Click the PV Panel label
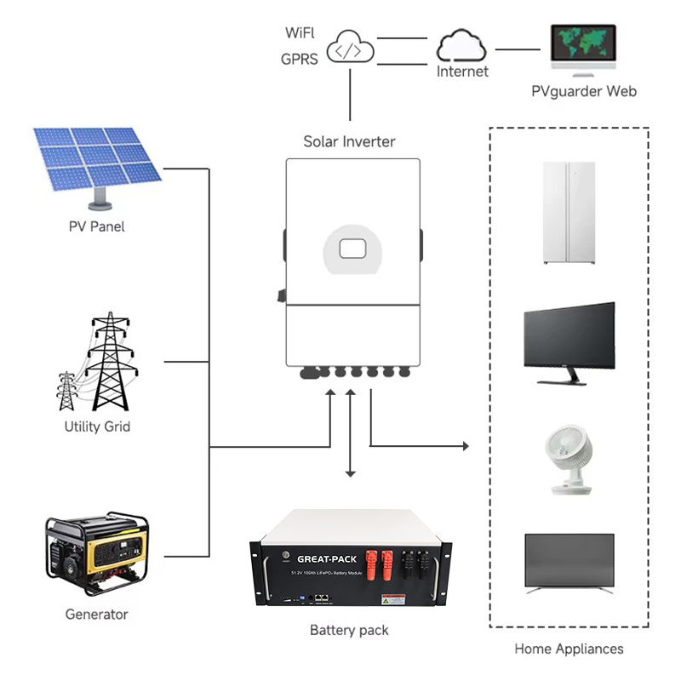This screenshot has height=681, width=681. pyautogui.click(x=96, y=227)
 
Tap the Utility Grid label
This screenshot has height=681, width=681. pyautogui.click(x=97, y=426)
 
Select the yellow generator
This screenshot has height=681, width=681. pyautogui.click(x=95, y=556)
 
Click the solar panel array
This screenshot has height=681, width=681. pyautogui.click(x=96, y=160)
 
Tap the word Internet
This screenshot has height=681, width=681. pyautogui.click(x=462, y=72)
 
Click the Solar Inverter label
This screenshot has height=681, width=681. pyautogui.click(x=349, y=141)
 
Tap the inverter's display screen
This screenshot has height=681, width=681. pyautogui.click(x=352, y=249)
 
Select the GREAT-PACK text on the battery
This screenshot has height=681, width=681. pyautogui.click(x=328, y=558)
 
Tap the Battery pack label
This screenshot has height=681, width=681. pyautogui.click(x=349, y=631)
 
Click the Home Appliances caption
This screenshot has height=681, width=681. pyautogui.click(x=569, y=649)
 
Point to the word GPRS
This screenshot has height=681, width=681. pyautogui.click(x=299, y=60)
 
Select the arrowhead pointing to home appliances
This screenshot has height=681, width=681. pyautogui.click(x=465, y=445)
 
